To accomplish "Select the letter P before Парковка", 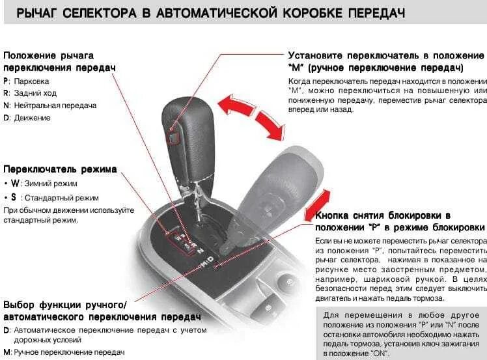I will pyautogui.click(x=6, y=81).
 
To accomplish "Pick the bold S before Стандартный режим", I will pyautogui.click(x=14, y=197).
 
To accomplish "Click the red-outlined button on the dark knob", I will pyautogui.click(x=173, y=137).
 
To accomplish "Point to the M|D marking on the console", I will pyautogui.click(x=206, y=262).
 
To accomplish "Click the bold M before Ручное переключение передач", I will pyautogui.click(x=7, y=352).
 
